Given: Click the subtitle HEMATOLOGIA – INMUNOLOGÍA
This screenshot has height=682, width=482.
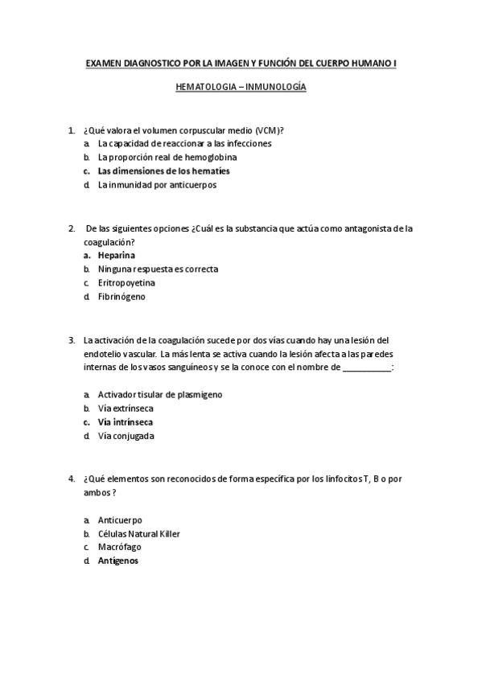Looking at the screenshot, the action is click(241, 88).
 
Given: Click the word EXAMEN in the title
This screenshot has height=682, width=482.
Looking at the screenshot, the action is click(105, 63).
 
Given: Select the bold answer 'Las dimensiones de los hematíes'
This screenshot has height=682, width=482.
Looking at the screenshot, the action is click(163, 171).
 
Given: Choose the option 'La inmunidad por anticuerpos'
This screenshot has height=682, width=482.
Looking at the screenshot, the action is click(157, 185).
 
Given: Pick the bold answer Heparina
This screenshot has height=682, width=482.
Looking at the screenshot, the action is click(116, 255).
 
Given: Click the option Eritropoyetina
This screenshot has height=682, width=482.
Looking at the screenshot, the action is click(126, 283).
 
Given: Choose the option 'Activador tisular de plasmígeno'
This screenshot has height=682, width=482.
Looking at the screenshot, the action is click(159, 394).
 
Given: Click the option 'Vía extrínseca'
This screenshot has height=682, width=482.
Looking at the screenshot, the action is click(126, 408).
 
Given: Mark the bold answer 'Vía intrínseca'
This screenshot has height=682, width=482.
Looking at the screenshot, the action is click(126, 422).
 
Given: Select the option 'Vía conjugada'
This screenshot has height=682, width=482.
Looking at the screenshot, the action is click(126, 436).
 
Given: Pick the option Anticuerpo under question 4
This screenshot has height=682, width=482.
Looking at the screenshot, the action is click(120, 520).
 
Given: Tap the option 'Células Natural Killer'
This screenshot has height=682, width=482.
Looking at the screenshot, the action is click(139, 533).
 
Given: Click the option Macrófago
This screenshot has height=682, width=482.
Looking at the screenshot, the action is click(120, 547).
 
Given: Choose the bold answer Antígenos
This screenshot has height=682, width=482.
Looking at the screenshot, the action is click(118, 561).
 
